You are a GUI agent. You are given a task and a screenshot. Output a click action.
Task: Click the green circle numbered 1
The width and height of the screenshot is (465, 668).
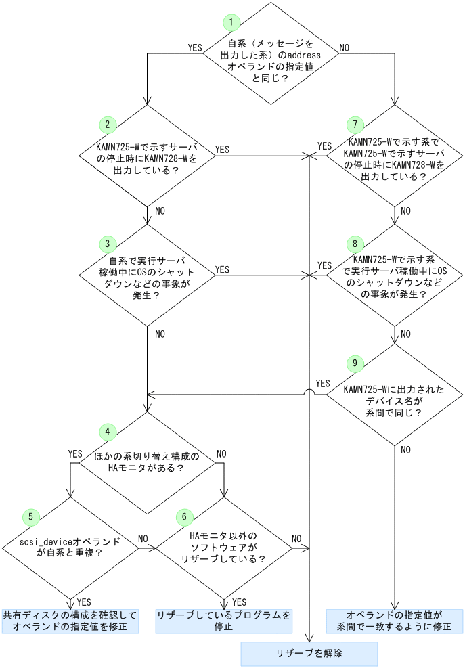coord(232,22)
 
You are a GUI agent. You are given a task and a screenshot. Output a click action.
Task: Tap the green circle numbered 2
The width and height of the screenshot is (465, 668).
coord(108,125)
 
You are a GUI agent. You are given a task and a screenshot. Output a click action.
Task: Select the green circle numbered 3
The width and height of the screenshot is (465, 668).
coord(108,243)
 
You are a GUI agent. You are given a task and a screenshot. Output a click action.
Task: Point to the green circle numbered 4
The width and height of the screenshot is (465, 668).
coord(108,430)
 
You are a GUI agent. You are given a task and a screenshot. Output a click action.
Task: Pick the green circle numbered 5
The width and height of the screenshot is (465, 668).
coord(30,516)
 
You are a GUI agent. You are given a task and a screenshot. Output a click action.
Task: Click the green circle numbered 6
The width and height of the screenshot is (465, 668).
coord(183,516)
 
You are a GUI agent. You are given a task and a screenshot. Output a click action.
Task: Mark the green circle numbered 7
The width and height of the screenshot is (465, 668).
coord(354,125)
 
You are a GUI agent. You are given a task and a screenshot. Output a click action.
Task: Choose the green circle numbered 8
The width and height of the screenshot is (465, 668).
coord(354,243)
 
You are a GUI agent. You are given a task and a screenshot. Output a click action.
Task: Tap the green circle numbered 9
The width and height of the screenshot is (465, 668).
coord(354,363)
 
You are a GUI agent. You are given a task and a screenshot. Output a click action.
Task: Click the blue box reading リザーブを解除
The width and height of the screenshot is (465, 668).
coord(309,653)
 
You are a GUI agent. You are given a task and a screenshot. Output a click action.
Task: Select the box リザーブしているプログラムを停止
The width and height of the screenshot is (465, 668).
coord(224,621)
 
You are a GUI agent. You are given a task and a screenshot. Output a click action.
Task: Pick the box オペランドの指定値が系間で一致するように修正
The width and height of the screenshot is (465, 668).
coord(394,621)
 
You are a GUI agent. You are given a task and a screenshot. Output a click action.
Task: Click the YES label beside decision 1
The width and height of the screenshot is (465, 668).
coord(195,48)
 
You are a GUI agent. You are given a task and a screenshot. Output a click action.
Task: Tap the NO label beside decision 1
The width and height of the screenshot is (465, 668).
coord(344,48)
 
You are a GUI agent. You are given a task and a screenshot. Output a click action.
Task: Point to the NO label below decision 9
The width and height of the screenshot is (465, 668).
coord(405,449)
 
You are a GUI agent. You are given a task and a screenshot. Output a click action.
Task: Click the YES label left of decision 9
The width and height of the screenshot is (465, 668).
coord(323,383)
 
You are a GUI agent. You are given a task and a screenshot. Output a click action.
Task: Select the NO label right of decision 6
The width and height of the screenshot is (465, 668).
coord(296,539)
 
